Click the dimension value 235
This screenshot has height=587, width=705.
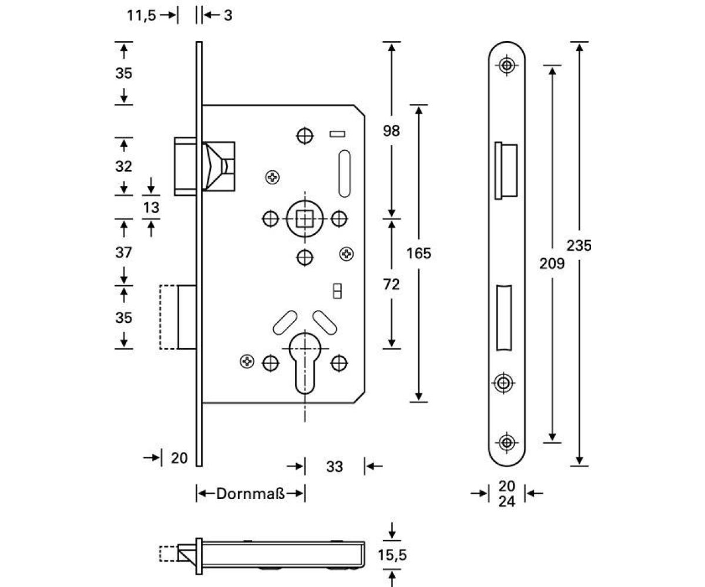[x=579, y=245]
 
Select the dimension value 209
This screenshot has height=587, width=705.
[x=552, y=264]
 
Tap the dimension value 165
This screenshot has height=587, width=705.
[x=419, y=254]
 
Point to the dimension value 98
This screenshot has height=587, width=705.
[x=391, y=131]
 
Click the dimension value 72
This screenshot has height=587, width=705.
[x=391, y=285]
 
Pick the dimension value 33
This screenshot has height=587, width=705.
[x=334, y=467]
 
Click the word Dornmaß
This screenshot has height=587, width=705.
[x=250, y=494]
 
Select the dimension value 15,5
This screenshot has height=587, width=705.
[x=392, y=555]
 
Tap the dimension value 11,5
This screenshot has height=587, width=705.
[x=142, y=15]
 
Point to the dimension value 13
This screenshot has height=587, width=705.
[x=151, y=207]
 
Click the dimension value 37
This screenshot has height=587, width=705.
[x=123, y=253]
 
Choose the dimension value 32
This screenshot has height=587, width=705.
[x=123, y=166]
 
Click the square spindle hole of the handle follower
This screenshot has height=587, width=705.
[x=304, y=219]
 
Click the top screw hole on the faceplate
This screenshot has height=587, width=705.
[x=506, y=65]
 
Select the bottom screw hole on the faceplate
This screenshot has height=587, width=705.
[x=506, y=441]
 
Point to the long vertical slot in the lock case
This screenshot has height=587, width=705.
[x=345, y=173]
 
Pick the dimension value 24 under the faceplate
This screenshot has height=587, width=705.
[x=506, y=502]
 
